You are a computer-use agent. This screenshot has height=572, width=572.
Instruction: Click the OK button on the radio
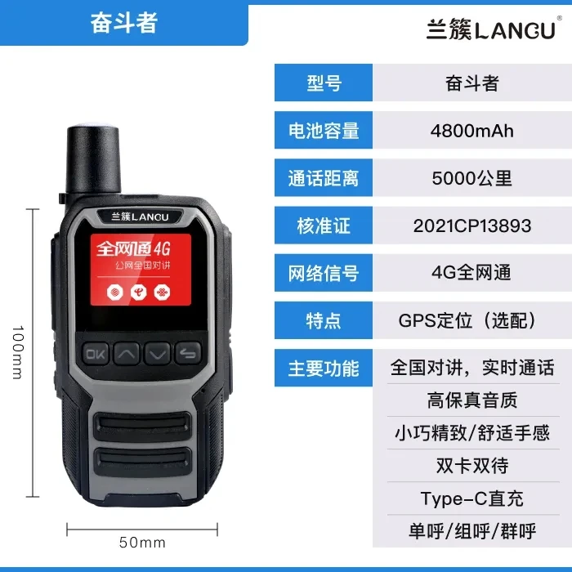pyautogui.click(x=96, y=353)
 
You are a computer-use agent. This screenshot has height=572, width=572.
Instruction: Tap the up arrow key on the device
pyautogui.click(x=126, y=353)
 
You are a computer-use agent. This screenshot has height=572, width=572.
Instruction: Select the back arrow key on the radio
pyautogui.click(x=188, y=353)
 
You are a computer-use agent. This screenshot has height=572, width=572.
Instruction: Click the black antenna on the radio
pyautogui.click(x=93, y=160)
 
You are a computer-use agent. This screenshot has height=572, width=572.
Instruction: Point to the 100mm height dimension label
pyautogui.click(x=17, y=352)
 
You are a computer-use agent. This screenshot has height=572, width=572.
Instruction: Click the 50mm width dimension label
pyautogui.click(x=142, y=543)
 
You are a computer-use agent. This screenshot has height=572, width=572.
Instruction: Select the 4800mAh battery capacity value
pyautogui.click(x=472, y=131)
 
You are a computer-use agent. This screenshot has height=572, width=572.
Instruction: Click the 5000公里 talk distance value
pyautogui.click(x=472, y=178)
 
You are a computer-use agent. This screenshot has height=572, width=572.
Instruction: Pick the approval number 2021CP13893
pyautogui.click(x=472, y=226)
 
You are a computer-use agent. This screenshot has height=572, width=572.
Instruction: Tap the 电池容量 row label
pyautogui.click(x=324, y=131)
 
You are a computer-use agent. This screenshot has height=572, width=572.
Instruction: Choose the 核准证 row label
pyautogui.click(x=324, y=226)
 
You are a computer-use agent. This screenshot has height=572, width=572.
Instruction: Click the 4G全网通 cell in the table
pyautogui.click(x=471, y=273)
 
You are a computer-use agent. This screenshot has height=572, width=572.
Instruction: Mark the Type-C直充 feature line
pyautogui.click(x=472, y=498)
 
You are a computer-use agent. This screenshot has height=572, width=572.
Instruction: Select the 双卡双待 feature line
pyautogui.click(x=472, y=466)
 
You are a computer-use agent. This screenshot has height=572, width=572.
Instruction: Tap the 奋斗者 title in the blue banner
pyautogui.click(x=124, y=23)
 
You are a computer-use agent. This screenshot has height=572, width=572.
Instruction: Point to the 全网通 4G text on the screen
pyautogui.click(x=133, y=249)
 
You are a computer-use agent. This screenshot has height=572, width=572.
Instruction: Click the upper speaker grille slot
pyautogui.click(x=142, y=426)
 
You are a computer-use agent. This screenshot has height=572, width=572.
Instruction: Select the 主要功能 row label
pyautogui.click(x=324, y=368)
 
